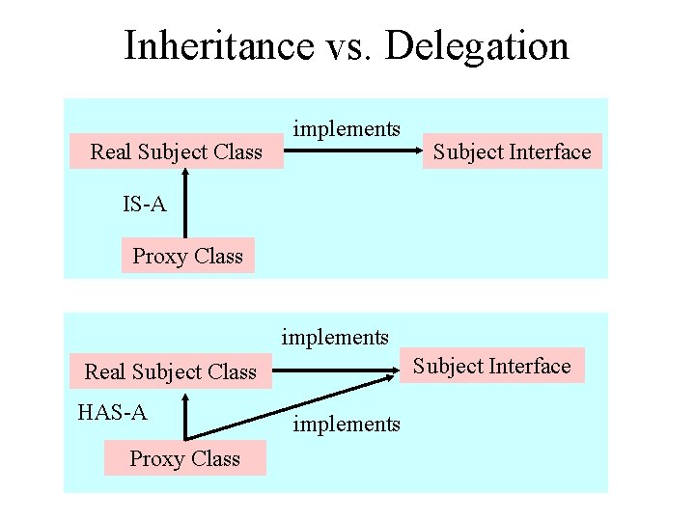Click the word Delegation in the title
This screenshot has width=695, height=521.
(x=477, y=45)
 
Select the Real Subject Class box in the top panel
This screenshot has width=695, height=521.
(x=177, y=151)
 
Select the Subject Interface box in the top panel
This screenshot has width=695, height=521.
(x=512, y=151)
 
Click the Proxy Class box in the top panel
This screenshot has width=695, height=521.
(x=187, y=256)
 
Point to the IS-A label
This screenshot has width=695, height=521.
(x=144, y=205)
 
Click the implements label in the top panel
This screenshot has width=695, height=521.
(x=347, y=128)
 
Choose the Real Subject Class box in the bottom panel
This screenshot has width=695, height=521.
(x=171, y=371)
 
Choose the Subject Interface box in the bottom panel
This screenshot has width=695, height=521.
(x=492, y=366)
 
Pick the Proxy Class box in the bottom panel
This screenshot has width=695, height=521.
(x=184, y=458)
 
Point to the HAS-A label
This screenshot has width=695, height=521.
(x=112, y=413)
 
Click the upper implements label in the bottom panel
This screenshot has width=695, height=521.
(x=335, y=337)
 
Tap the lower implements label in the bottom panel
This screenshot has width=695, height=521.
(x=347, y=424)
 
